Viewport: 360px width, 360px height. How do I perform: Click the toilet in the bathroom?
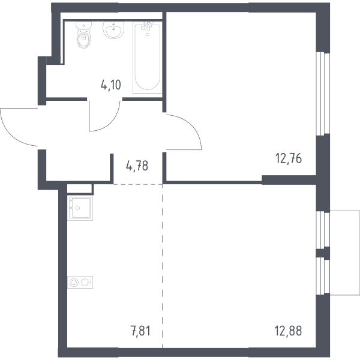pyautogui.click(x=84, y=35)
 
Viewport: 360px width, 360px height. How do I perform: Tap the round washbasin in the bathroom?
pyautogui.click(x=113, y=30)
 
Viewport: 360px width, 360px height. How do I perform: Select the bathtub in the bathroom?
pyautogui.click(x=148, y=58)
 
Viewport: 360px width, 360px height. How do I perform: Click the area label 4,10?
pyautogui.click(x=110, y=85)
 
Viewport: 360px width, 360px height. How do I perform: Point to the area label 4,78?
pyautogui.click(x=137, y=166)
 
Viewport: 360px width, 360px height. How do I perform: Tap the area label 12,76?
pyautogui.click(x=289, y=158)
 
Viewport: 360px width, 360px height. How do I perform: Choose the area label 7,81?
pyautogui.click(x=141, y=331)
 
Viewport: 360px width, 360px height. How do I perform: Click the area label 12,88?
pyautogui.click(x=288, y=331)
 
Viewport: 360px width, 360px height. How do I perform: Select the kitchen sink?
pyautogui.click(x=80, y=208)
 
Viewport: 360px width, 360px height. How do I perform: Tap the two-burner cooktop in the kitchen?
pyautogui.click(x=80, y=282)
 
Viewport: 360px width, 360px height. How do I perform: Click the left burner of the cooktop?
pyautogui.click(x=74, y=282)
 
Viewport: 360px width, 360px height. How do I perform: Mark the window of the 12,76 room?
pyautogui.click(x=323, y=93)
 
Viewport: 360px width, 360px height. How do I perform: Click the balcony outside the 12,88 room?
pyautogui.click(x=345, y=253)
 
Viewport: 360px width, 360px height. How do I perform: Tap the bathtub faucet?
pyautogui.click(x=146, y=26)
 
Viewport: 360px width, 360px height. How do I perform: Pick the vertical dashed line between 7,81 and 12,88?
pyautogui.click(x=163, y=266)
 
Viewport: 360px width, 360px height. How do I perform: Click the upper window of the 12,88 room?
pyautogui.click(x=323, y=230)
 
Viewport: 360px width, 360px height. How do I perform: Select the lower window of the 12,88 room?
pyautogui.click(x=323, y=276)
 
